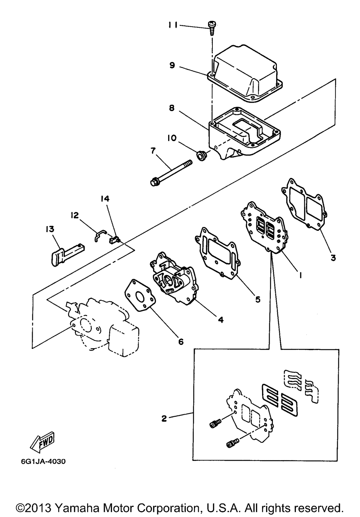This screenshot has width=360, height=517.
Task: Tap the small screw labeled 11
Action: pyautogui.click(x=211, y=28)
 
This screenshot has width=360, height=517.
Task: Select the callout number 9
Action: pyautogui.click(x=172, y=65)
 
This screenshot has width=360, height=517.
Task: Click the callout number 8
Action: pyautogui.click(x=172, y=108)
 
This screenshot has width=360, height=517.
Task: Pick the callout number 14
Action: pyautogui.click(x=105, y=199)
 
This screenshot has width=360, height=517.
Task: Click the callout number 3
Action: pyautogui.click(x=333, y=257)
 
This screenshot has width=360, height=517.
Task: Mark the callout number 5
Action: pyautogui.click(x=258, y=299)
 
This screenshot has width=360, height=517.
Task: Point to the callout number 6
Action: pyautogui.click(x=181, y=341)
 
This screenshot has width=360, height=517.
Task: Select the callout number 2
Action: pyautogui.click(x=164, y=418)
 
